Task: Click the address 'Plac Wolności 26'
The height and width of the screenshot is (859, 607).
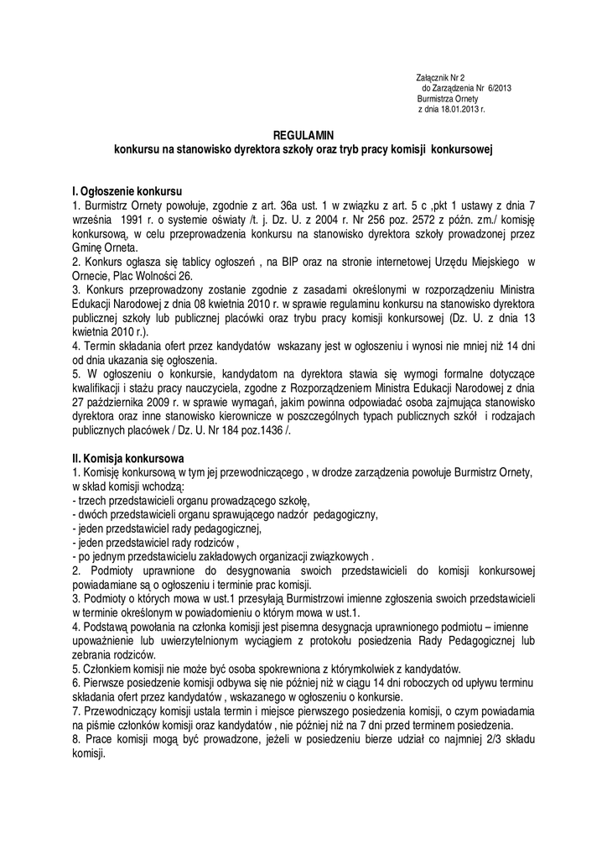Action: (x=153, y=274)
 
